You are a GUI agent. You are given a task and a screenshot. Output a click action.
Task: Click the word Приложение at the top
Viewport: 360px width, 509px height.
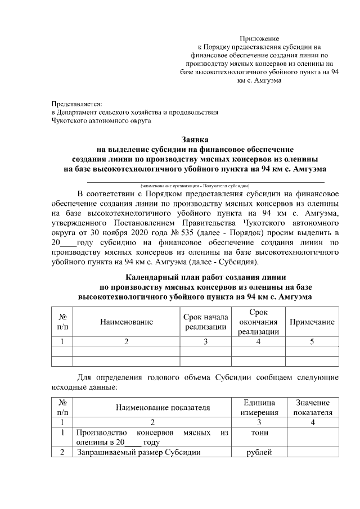259,38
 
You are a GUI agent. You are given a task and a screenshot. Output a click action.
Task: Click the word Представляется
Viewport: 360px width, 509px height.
76,103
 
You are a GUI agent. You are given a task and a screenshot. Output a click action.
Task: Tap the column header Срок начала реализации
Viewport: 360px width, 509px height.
206,322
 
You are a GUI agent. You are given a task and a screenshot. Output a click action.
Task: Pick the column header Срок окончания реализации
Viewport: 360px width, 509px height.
258,322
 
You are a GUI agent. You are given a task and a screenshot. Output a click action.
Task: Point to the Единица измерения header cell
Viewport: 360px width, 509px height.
260,408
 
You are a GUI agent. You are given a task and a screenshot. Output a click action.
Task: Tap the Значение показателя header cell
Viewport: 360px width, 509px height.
312,408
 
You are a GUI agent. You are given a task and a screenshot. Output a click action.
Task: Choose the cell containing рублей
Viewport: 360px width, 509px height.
260,452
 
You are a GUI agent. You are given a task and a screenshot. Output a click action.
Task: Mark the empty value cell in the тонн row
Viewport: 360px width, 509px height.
312,437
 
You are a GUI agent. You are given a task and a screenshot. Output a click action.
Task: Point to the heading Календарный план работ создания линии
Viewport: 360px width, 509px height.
206,277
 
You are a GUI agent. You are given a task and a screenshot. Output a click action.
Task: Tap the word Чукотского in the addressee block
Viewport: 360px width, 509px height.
70,120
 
